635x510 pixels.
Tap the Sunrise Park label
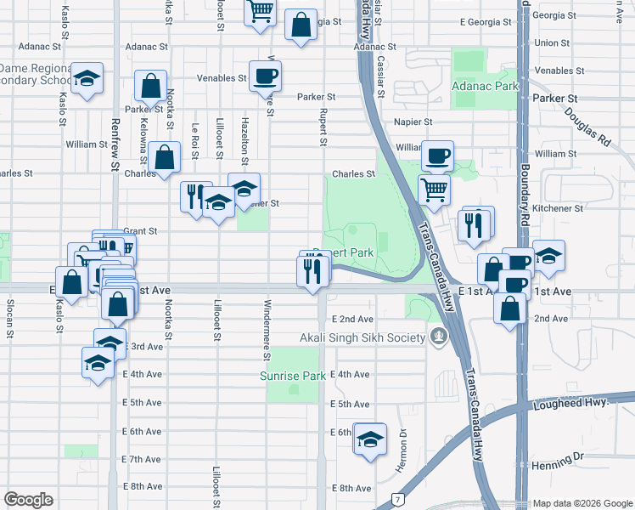(x=293, y=376)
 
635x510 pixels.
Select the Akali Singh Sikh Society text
(x=361, y=337)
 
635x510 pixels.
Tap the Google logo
(x=28, y=500)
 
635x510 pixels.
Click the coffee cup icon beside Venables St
(x=265, y=76)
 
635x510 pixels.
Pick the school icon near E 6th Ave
(x=369, y=439)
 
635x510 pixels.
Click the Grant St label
(x=140, y=230)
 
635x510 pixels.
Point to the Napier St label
(x=413, y=122)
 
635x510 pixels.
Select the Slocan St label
(x=10, y=318)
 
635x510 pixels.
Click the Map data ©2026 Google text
(x=582, y=503)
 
